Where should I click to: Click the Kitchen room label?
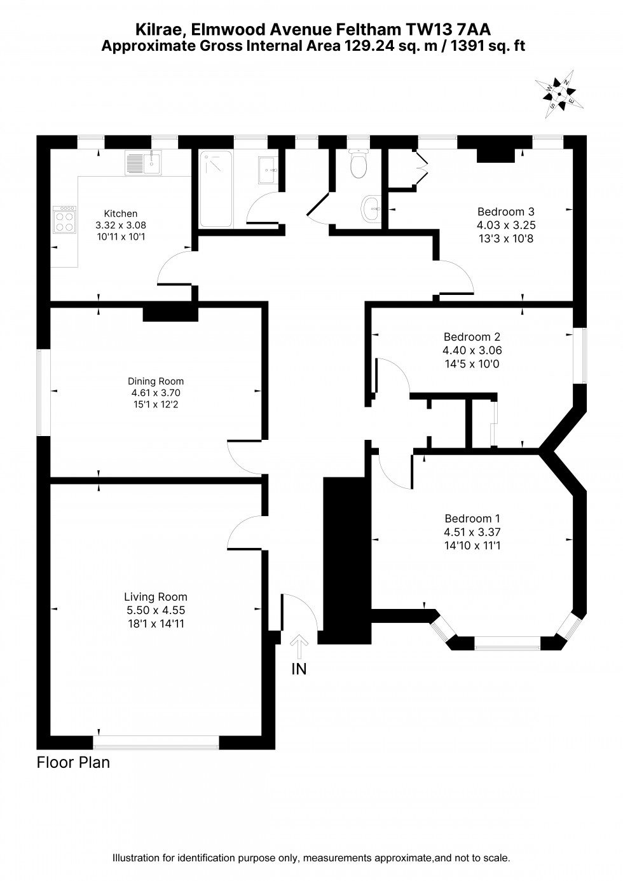click(121, 214)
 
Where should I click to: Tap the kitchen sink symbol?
click(144, 163)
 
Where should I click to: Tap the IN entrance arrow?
click(299, 648)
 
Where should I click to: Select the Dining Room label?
click(156, 381)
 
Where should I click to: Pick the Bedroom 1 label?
click(468, 519)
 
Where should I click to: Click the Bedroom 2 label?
click(468, 337)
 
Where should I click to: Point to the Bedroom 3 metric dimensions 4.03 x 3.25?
click(506, 225)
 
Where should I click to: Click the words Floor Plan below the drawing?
click(73, 762)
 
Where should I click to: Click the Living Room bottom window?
click(156, 741)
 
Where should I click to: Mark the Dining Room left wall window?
click(43, 392)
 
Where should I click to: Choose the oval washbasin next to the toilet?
click(371, 207)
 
